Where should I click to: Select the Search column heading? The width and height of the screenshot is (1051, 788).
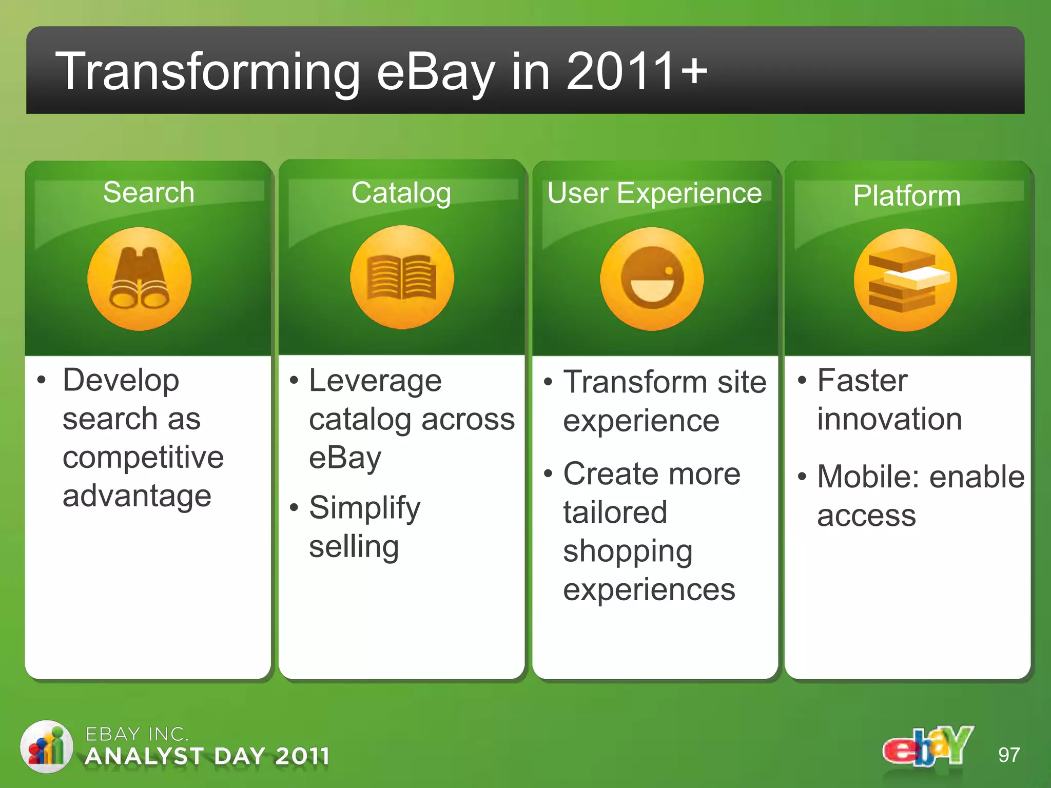tap(148, 192)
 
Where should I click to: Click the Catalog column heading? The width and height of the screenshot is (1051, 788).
tap(401, 193)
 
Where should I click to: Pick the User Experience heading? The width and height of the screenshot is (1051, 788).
tap(654, 193)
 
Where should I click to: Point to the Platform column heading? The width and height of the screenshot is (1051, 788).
tap(906, 196)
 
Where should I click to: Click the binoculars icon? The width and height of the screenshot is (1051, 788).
tap(139, 279)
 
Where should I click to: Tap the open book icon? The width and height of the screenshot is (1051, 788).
tap(402, 278)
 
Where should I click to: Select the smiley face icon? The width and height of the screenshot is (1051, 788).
tap(652, 279)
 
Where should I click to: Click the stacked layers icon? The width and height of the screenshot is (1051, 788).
tap(905, 280)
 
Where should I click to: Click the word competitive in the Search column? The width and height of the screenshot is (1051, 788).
tap(143, 457)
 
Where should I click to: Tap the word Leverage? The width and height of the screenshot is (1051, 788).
tap(375, 381)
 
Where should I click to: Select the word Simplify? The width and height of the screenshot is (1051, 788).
tap(364, 508)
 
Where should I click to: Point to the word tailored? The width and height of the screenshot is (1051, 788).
tap(615, 513)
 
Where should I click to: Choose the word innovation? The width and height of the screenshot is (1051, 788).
tap(889, 419)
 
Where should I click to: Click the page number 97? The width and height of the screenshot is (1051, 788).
tap(1008, 755)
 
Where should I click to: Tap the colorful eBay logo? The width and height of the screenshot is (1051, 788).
tap(927, 747)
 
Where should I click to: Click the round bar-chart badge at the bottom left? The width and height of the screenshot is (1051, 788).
tap(47, 747)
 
